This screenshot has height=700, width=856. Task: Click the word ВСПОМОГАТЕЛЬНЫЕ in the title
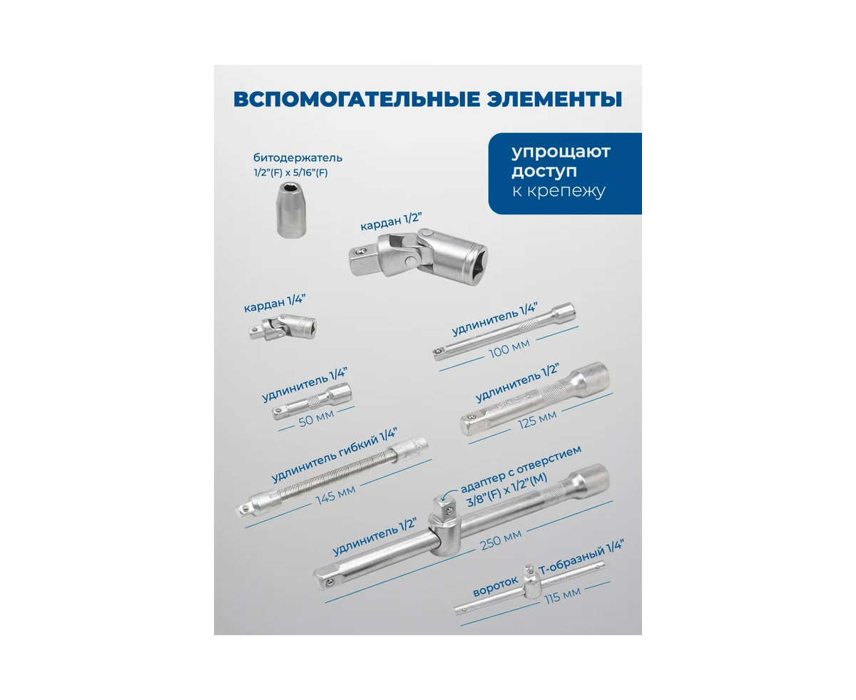pos(356,99)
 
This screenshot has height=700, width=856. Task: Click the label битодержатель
pos(297,158)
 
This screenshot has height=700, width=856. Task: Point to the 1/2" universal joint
pos(418,257)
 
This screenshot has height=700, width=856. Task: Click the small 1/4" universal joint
pos(282,328)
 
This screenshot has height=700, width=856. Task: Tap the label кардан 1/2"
pos(392,222)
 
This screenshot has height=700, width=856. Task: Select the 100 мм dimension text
pos(509,349)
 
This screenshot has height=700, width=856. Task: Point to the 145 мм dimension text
pos(335,495)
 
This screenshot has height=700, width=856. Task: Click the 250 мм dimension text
pos(501,540)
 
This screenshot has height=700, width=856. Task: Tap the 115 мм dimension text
pos(562,595)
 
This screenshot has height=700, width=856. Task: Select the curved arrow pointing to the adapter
pos(449,495)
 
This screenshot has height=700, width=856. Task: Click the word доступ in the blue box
pos(544,171)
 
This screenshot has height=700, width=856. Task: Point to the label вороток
pos(496,587)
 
